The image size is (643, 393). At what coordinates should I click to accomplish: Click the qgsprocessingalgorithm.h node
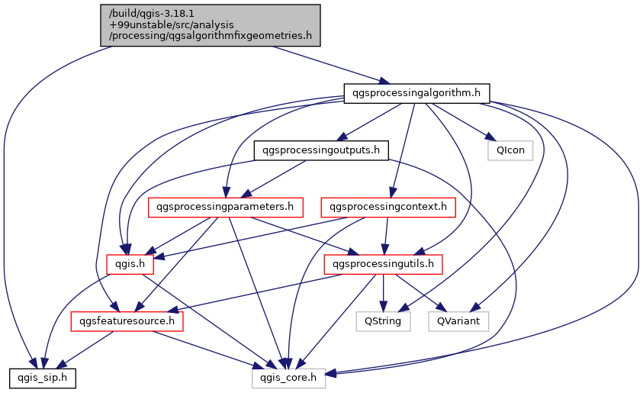pyautogui.click(x=416, y=93)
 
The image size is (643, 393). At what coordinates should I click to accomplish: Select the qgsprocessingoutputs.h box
pyautogui.click(x=320, y=150)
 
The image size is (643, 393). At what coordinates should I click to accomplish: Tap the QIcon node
pyautogui.click(x=510, y=150)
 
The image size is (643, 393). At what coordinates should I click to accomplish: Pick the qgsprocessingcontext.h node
pyautogui.click(x=389, y=207)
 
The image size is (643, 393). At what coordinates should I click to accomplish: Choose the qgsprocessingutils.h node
pyautogui.click(x=383, y=264)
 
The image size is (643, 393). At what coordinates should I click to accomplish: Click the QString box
pyautogui.click(x=384, y=321)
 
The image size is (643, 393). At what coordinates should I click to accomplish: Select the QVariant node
pyautogui.click(x=458, y=321)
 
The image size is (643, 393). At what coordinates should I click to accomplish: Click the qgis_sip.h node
pyautogui.click(x=42, y=378)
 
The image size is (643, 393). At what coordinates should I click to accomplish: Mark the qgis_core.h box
pyautogui.click(x=289, y=378)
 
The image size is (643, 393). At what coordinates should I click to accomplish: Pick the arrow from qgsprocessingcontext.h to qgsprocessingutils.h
pyautogui.click(x=387, y=236)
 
